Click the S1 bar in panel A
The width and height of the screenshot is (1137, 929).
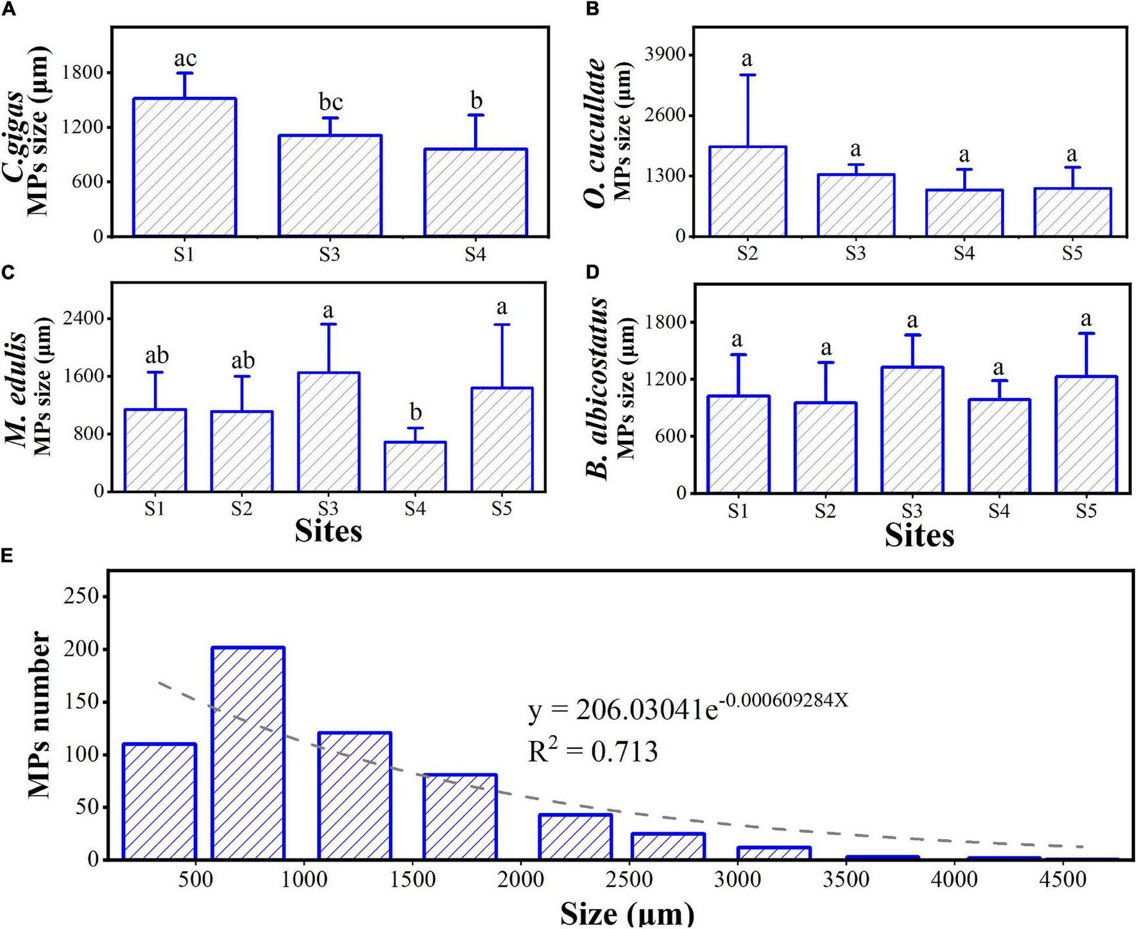pos(184,167)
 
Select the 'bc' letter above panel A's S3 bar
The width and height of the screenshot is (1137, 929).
pos(330,102)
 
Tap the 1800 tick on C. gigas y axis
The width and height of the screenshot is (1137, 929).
pos(83,72)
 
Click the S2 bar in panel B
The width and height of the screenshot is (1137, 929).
pos(748,191)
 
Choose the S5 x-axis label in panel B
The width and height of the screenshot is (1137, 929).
pos(1072,253)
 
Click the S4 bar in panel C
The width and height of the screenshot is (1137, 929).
pos(415,466)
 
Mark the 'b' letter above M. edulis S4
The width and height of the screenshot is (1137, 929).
pos(415,413)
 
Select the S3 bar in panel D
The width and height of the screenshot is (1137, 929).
pos(912,430)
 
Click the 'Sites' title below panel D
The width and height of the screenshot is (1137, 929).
pos(919,535)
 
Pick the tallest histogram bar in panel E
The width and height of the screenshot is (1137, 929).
pos(248,754)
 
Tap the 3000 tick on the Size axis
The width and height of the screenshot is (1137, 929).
pos(737,878)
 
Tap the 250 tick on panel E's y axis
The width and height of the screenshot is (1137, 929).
pos(83,597)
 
